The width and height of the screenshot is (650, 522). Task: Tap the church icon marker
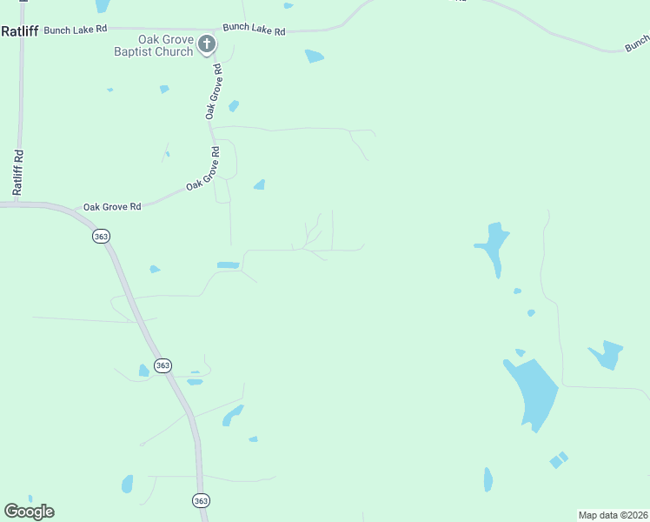[x=207, y=43]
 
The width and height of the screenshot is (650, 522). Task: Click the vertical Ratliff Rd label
[x=17, y=171]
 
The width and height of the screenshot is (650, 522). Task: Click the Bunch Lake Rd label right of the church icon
[x=254, y=30]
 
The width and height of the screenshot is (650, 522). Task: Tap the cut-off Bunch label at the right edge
[x=637, y=43]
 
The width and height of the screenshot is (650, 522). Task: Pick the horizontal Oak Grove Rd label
[x=111, y=207]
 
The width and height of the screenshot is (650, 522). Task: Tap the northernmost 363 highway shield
[x=102, y=236]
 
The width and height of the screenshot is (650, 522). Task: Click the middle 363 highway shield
[x=162, y=365]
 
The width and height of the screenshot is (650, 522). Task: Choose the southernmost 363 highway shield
[x=201, y=500]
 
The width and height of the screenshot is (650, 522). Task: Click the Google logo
[x=29, y=511]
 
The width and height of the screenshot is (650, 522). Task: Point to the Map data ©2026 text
[x=613, y=515]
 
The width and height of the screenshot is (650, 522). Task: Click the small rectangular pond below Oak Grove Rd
[x=228, y=264]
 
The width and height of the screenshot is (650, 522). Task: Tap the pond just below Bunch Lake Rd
[x=314, y=57]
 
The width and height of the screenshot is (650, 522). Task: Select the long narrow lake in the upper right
[x=493, y=247]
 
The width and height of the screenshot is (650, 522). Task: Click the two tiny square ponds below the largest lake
[x=559, y=459]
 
